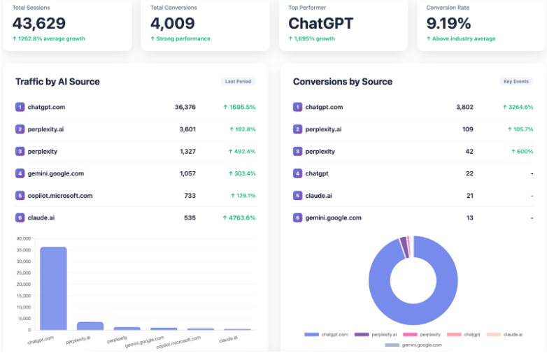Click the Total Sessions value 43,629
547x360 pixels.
pos(39,23)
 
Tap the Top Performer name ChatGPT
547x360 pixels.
pos(321,23)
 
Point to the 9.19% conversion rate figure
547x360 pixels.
pos(449,23)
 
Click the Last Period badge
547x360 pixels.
pos(239,81)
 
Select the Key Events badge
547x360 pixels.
pos(516,81)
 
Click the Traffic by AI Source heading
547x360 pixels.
pos(57,82)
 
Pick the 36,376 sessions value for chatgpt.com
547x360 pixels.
pos(185,107)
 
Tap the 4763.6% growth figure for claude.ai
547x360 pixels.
pos(239,217)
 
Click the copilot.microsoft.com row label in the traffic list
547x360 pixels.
pos(60,196)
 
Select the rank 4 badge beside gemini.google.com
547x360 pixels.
pos(20,173)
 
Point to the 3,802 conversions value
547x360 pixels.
pos(464,107)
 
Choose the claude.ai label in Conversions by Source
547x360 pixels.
pos(319,196)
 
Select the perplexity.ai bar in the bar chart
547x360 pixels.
pos(90,326)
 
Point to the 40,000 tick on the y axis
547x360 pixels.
pos(24,239)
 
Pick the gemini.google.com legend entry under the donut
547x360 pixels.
pos(417,345)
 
